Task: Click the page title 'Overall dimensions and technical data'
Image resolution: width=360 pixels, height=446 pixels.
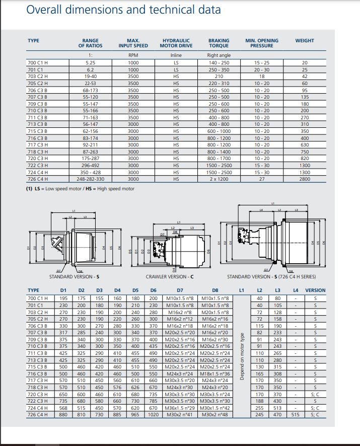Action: click(x=123, y=9)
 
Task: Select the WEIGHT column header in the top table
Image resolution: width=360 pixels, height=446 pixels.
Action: click(x=305, y=41)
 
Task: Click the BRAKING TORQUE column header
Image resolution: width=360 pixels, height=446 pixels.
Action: click(x=219, y=43)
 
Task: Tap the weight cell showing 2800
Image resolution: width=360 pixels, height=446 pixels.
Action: click(x=305, y=179)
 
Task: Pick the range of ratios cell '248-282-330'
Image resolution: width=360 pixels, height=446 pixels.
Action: click(x=91, y=179)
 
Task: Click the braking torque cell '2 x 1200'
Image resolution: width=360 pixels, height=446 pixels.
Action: click(x=219, y=179)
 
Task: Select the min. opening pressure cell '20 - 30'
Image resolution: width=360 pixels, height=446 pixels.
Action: click(x=262, y=69)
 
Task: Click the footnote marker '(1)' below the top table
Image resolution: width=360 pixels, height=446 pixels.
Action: click(x=29, y=189)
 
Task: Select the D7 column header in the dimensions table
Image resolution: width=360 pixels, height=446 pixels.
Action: click(x=180, y=290)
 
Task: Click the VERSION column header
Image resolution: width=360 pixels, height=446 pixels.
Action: click(x=316, y=290)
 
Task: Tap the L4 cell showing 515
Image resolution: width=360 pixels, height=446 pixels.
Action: click(x=296, y=414)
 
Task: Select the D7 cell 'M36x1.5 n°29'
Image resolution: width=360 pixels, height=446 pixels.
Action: click(x=180, y=408)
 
